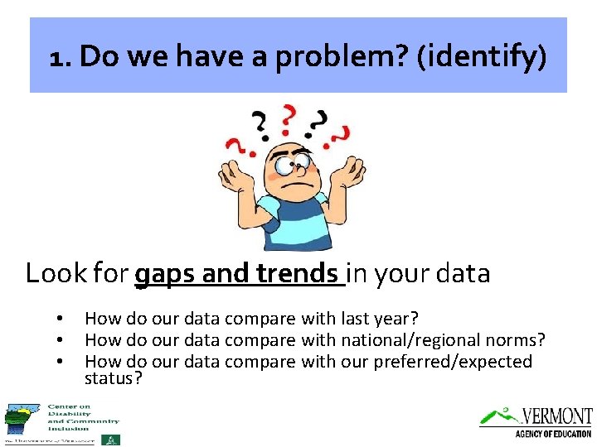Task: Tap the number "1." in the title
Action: [61, 57]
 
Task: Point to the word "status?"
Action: [114, 378]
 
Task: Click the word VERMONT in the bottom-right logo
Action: [557, 416]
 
